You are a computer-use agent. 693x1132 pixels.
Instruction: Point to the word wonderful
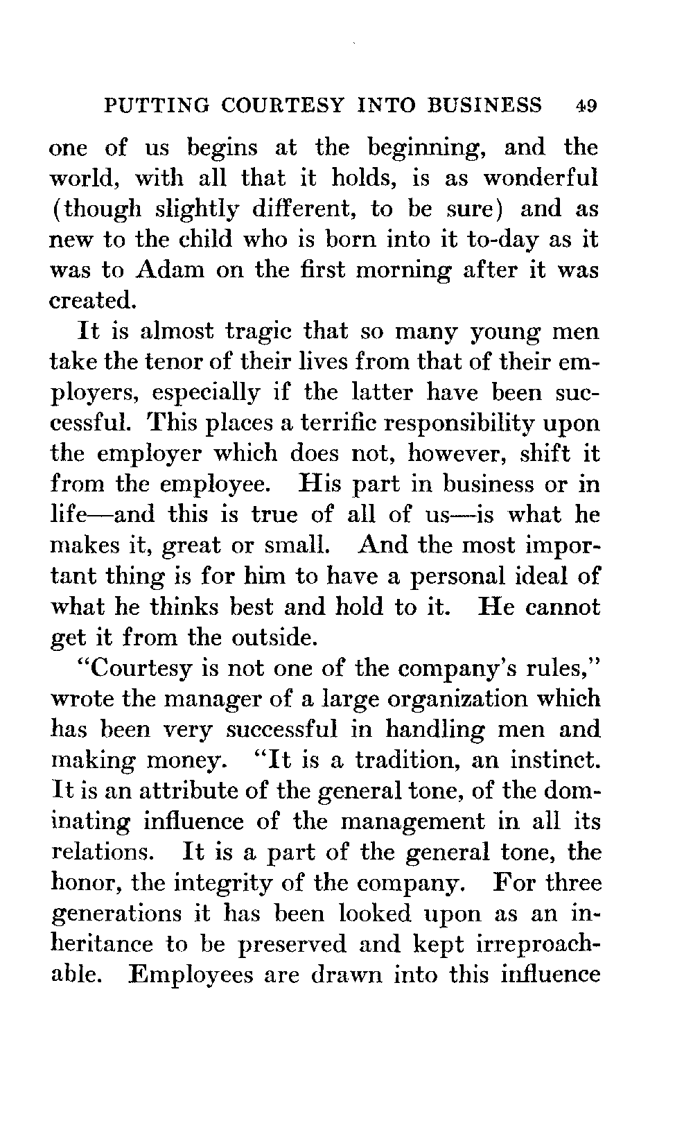541,178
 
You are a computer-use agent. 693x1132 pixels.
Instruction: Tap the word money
183,760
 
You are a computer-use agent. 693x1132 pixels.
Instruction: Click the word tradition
405,760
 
